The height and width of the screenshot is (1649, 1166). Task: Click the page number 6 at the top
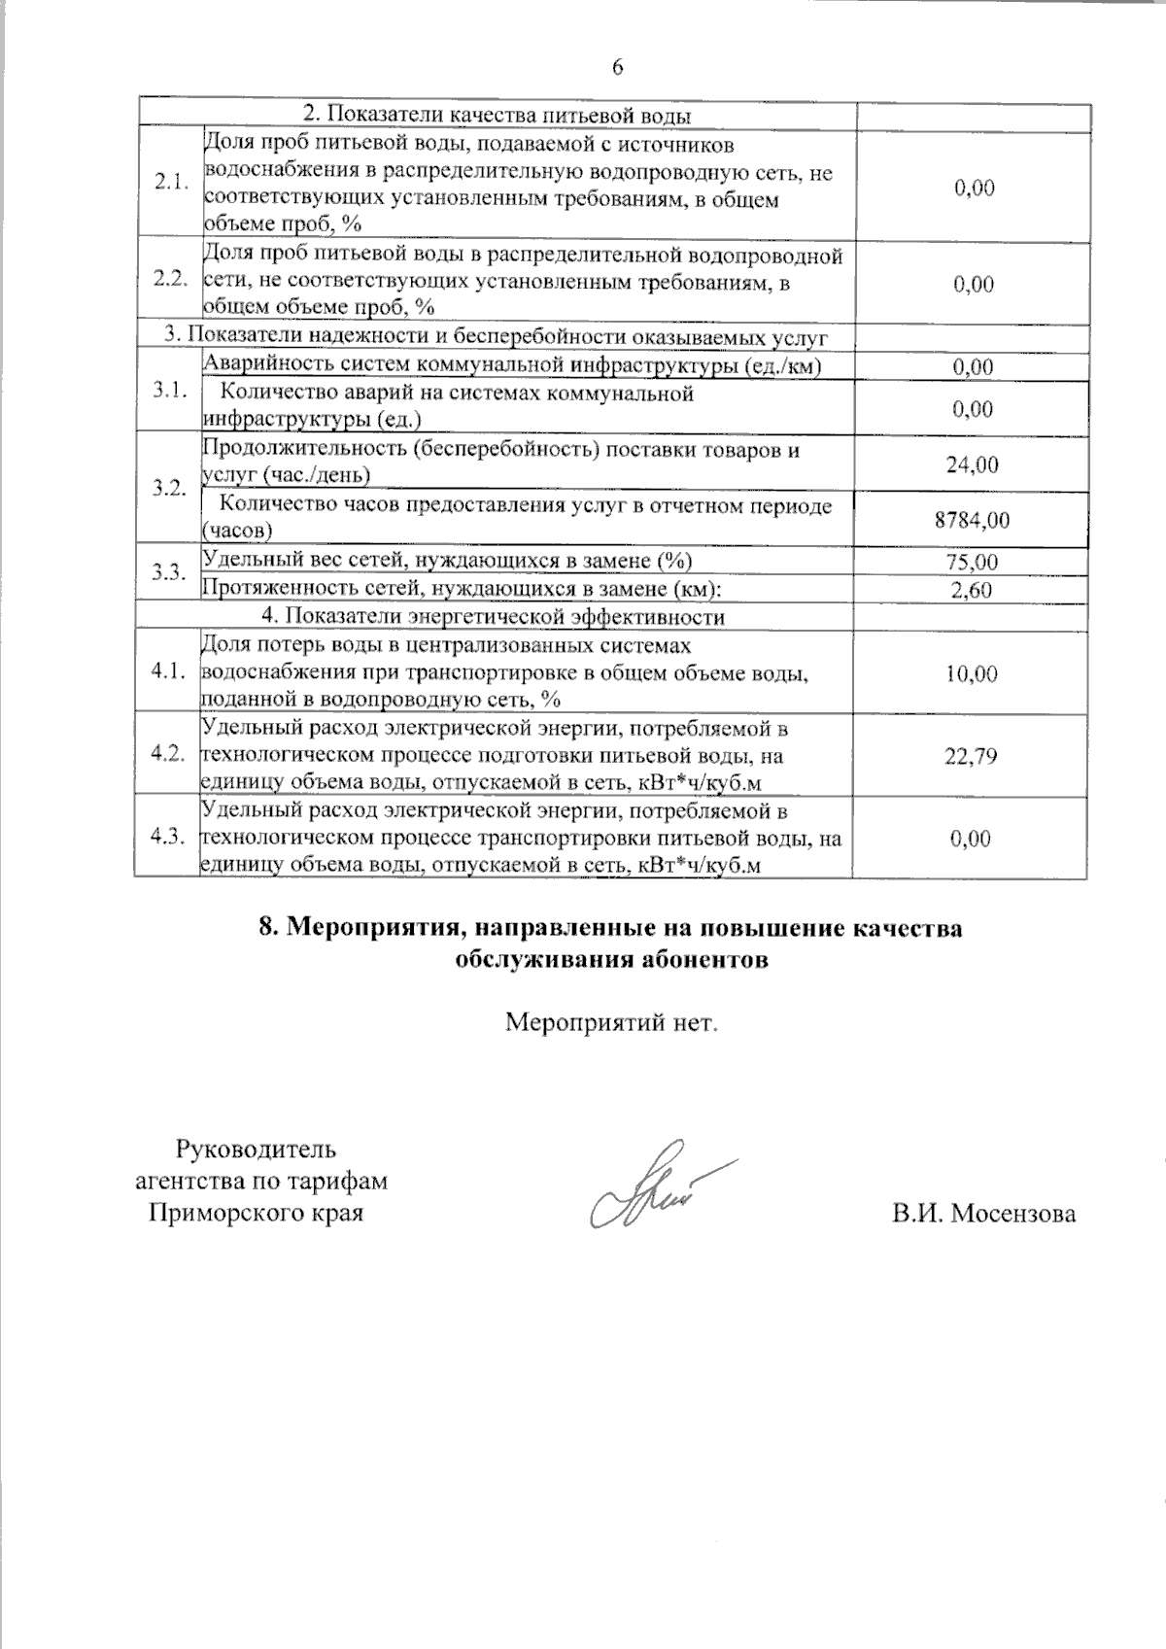pos(617,67)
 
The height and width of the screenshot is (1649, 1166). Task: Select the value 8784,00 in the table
pos(972,520)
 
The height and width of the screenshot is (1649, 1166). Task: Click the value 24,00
pos(973,464)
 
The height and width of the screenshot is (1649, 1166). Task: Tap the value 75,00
pos(973,562)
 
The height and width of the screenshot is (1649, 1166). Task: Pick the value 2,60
pos(973,589)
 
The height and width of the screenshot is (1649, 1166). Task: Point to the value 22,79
pos(972,755)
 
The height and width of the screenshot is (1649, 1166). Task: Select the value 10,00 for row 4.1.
pos(972,673)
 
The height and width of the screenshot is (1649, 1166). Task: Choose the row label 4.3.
pos(168,838)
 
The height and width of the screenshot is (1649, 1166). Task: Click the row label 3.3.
pos(168,572)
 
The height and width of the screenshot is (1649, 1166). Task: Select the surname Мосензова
pos(1012,1214)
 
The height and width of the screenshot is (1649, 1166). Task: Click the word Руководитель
pos(256,1150)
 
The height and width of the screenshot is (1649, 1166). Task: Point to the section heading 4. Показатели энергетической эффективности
pos(494,617)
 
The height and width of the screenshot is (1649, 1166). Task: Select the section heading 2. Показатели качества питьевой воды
pos(494,116)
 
